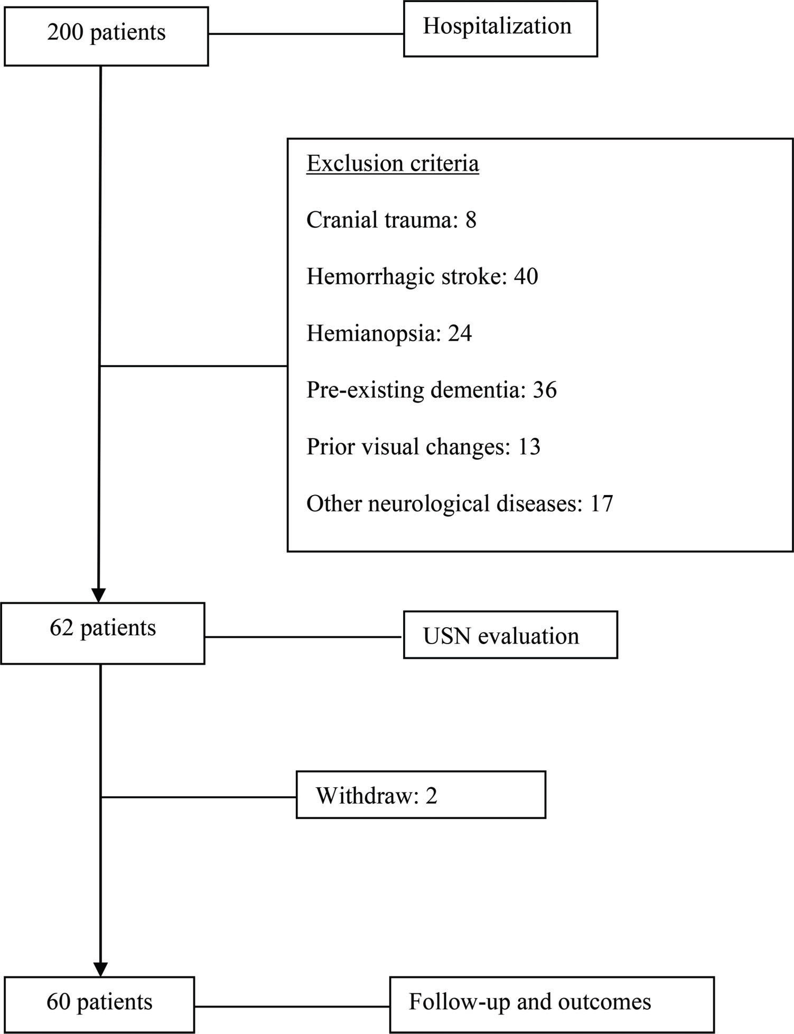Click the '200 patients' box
click(x=106, y=35)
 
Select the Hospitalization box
click(x=500, y=29)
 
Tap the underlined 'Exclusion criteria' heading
click(x=393, y=163)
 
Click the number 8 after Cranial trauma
click(x=471, y=220)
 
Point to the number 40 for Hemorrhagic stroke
click(x=526, y=276)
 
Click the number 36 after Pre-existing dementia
click(x=545, y=390)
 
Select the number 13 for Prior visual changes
click(x=529, y=446)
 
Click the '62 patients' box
click(x=102, y=633)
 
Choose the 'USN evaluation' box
click(x=510, y=635)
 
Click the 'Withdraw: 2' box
click(x=421, y=795)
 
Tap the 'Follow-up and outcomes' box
click(x=552, y=1004)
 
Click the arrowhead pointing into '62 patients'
click(x=99, y=595)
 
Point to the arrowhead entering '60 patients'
click(x=100, y=969)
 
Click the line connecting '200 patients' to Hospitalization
click(x=306, y=34)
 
